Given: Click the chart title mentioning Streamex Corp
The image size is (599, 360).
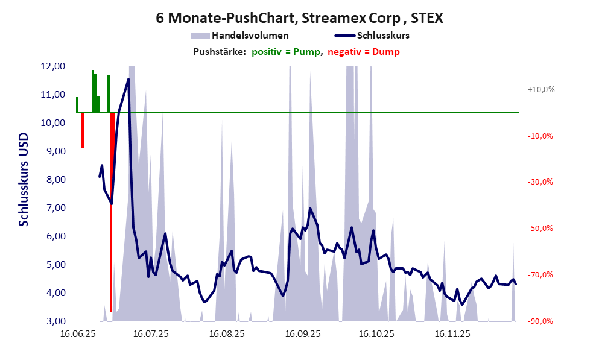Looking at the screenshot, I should [x=299, y=18].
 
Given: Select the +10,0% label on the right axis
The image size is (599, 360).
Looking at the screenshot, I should [x=540, y=90].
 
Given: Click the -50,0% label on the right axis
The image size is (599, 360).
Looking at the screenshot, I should [x=540, y=229].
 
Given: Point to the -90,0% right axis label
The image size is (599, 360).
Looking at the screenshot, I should [x=540, y=321].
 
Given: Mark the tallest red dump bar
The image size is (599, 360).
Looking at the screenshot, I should [x=112, y=211].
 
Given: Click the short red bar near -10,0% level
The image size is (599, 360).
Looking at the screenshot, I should [x=83, y=130].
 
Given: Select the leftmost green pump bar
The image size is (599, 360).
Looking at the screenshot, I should [x=77, y=105].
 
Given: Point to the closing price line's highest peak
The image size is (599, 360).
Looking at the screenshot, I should [x=128, y=79].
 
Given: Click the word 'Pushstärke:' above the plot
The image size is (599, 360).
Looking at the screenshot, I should [x=219, y=52].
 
